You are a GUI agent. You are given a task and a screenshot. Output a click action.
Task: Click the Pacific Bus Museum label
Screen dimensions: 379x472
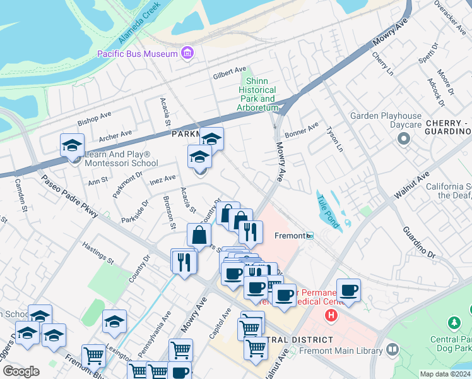click(137, 54)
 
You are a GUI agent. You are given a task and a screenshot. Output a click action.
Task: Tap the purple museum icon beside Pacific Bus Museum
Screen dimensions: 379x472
click(187, 53)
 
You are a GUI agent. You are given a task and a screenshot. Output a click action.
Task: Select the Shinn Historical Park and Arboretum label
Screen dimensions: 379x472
click(257, 95)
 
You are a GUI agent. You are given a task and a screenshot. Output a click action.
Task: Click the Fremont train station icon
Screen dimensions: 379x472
click(310, 236)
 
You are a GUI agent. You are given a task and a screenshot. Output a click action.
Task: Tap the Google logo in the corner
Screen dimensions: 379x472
click(21, 371)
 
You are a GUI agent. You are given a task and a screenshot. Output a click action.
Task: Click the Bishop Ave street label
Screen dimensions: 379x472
click(94, 118)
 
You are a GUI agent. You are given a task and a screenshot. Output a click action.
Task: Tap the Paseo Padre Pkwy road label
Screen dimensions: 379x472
click(69, 196)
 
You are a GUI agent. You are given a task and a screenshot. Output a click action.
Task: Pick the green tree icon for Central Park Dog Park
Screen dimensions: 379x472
click(454, 323)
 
